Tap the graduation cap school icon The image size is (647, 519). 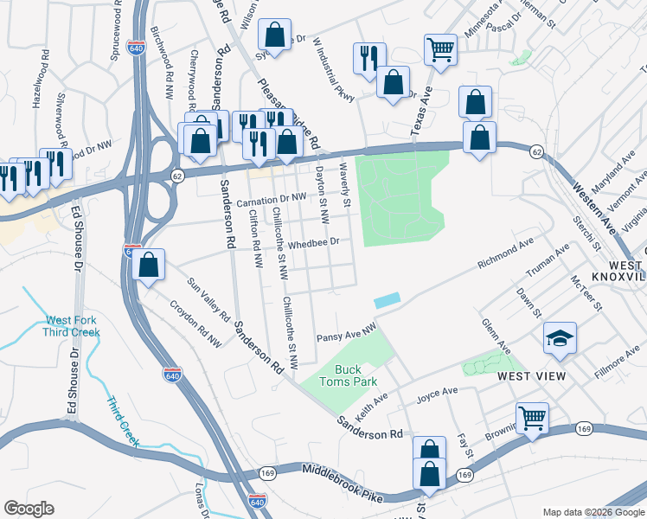point(560,338)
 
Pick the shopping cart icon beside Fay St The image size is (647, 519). point(532,418)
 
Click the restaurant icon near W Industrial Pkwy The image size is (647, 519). point(369,57)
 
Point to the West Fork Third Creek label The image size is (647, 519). point(73,326)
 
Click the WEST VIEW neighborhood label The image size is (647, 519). point(531,376)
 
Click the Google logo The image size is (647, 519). point(29,509)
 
